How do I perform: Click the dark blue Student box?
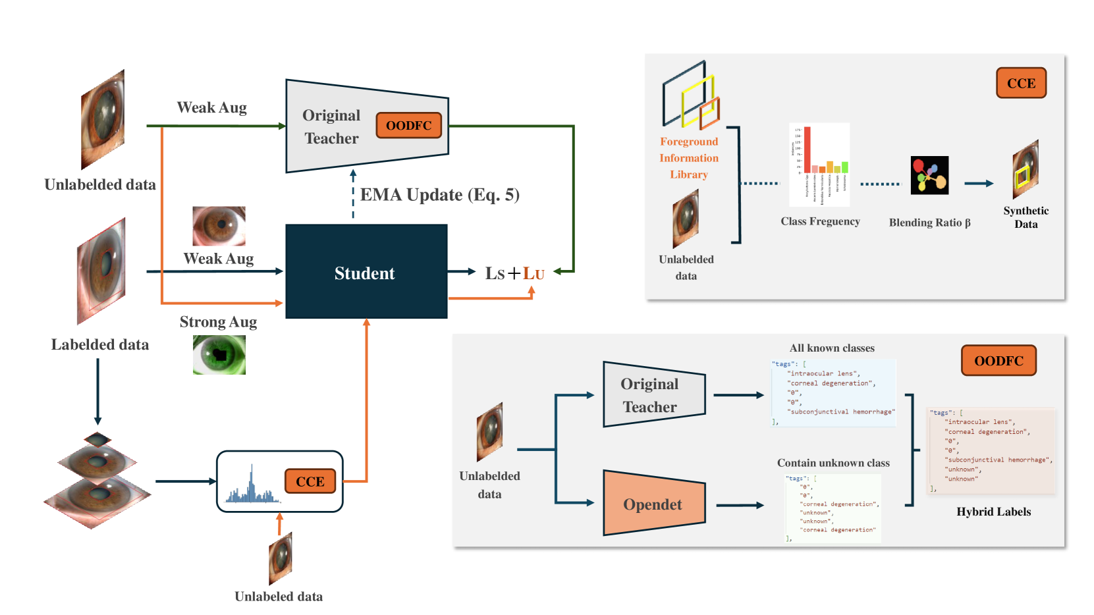click(366, 271)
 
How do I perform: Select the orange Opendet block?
click(653, 504)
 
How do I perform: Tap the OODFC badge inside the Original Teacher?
click(408, 125)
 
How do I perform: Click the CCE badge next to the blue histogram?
click(310, 481)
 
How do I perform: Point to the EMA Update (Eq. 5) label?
click(439, 195)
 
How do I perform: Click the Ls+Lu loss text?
click(514, 273)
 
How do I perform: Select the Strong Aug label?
click(218, 322)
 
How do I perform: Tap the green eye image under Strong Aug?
click(219, 355)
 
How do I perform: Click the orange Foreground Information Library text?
click(689, 158)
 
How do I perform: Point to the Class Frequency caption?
click(820, 221)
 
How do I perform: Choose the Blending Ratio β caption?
click(929, 223)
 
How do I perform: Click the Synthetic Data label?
click(1026, 217)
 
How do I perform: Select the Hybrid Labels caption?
click(993, 512)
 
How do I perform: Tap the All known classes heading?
click(832, 348)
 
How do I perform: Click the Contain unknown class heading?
click(833, 463)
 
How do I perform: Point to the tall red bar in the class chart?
click(807, 150)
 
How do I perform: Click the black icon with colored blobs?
click(929, 175)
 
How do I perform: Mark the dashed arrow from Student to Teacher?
click(353, 194)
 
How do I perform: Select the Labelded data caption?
click(100, 344)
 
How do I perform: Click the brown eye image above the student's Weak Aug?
click(219, 226)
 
